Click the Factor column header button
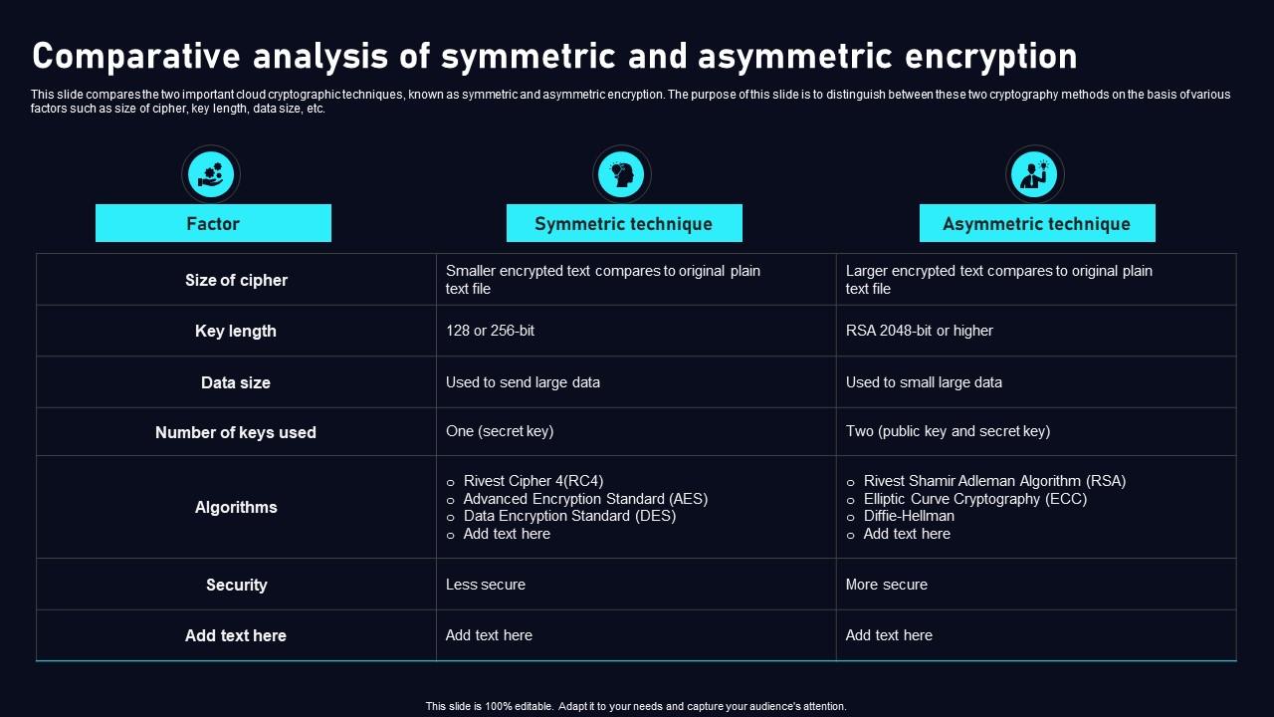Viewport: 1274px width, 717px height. (x=213, y=223)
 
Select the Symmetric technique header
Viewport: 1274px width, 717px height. (x=624, y=223)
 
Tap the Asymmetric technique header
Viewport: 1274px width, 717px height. (x=1036, y=223)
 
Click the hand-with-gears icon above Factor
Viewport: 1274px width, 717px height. (x=211, y=175)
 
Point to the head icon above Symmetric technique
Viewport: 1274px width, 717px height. (x=622, y=175)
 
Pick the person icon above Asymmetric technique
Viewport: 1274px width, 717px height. (x=1034, y=175)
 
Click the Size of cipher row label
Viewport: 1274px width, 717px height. (x=236, y=280)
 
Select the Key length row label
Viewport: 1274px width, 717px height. (x=236, y=331)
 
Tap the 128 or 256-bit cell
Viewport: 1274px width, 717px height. (x=491, y=331)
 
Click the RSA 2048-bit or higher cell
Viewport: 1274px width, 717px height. (x=920, y=331)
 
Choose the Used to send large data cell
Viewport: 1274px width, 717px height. (x=523, y=382)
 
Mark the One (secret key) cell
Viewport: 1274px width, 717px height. (x=500, y=431)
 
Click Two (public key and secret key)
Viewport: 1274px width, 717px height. (x=948, y=431)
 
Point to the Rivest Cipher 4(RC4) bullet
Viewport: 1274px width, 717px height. (x=533, y=481)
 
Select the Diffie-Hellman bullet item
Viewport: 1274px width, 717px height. (x=909, y=516)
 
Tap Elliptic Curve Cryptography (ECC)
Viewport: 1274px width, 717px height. (x=974, y=499)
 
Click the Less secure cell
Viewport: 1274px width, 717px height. (x=486, y=585)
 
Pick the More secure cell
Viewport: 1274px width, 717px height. (x=887, y=585)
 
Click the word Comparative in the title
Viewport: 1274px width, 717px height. (x=134, y=57)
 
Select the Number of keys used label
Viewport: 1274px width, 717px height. (x=236, y=432)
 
